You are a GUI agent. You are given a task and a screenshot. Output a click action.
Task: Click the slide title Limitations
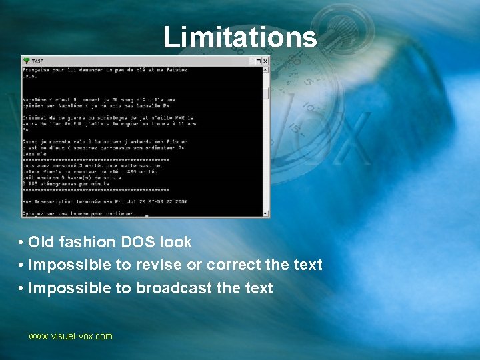(240, 37)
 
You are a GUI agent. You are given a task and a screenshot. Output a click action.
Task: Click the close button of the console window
(265, 61)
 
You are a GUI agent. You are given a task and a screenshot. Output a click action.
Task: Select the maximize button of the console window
(258, 61)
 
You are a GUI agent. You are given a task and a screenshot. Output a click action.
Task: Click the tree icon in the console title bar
(26, 61)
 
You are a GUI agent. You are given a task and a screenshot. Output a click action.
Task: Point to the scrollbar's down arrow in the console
(265, 213)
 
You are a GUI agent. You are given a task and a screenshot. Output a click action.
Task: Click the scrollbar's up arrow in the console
(265, 69)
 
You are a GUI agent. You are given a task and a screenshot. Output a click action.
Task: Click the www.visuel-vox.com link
(70, 337)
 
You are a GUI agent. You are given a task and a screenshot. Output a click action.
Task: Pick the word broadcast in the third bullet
(173, 288)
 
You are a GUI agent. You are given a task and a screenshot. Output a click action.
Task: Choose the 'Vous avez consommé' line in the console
(87, 165)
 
